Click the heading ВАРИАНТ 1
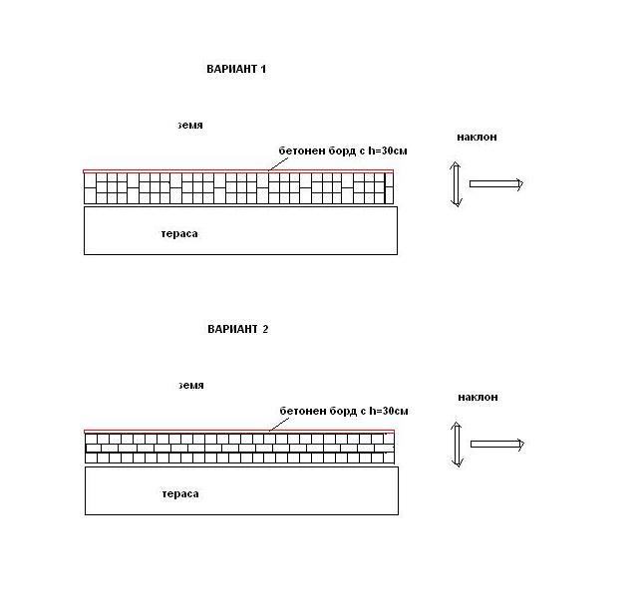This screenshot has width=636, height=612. pyautogui.click(x=236, y=69)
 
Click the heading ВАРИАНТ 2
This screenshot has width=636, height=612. pyautogui.click(x=237, y=329)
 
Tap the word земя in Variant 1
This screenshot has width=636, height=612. pyautogui.click(x=190, y=125)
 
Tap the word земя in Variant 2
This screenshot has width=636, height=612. pyautogui.click(x=191, y=385)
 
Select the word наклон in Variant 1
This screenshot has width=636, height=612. pyautogui.click(x=477, y=138)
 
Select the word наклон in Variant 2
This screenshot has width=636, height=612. pyautogui.click(x=477, y=397)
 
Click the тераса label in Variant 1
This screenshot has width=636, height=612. pyautogui.click(x=179, y=234)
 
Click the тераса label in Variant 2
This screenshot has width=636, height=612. pyautogui.click(x=180, y=494)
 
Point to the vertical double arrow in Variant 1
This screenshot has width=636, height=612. pyautogui.click(x=456, y=184)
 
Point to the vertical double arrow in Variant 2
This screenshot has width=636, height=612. pyautogui.click(x=457, y=445)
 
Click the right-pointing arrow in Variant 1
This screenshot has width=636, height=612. pyautogui.click(x=496, y=184)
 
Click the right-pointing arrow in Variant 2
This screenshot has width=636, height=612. pyautogui.click(x=497, y=445)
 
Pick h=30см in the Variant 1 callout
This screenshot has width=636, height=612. pyautogui.click(x=388, y=151)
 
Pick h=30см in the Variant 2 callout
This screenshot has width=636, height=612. pyautogui.click(x=389, y=411)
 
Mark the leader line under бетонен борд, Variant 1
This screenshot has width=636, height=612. pyautogui.click(x=278, y=164)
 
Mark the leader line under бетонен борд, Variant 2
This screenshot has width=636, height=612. pyautogui.click(x=279, y=425)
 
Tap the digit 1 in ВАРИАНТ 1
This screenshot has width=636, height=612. pyautogui.click(x=263, y=69)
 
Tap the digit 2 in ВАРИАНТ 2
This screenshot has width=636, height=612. pyautogui.click(x=265, y=329)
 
